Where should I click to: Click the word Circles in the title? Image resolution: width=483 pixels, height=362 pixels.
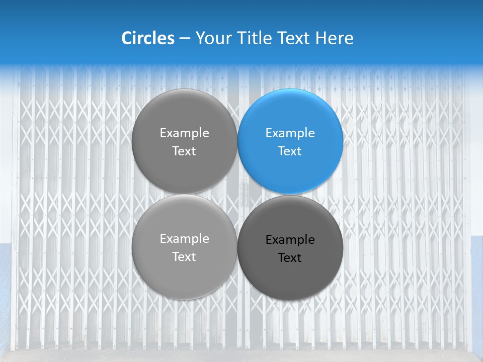coord(147,38)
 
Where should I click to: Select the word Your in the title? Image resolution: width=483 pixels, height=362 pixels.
coord(211,39)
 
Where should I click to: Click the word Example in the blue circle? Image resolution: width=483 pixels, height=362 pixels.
coord(290,133)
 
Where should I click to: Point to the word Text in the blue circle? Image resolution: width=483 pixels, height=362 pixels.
coord(290,151)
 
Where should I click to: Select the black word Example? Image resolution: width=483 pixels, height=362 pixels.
coord(290,240)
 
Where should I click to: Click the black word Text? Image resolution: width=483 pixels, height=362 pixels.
coord(290,257)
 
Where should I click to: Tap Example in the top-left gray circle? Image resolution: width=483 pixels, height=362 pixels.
coord(184,133)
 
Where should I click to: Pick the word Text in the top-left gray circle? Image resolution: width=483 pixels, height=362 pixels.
coord(184,151)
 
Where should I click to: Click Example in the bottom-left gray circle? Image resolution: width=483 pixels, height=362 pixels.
coord(184,239)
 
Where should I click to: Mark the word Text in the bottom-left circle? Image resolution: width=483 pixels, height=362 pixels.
coord(184,256)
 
